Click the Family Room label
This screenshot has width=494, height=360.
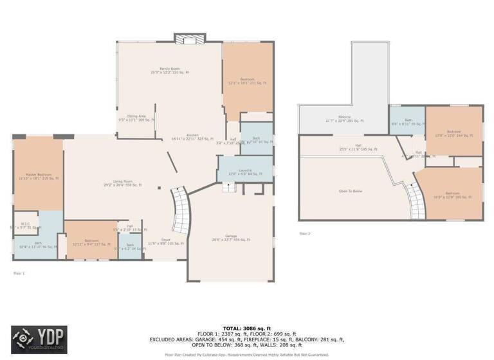170,70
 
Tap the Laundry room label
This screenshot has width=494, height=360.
244,172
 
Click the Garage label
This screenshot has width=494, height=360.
230,237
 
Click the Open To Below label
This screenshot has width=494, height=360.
350,191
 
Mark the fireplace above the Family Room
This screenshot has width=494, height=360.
189,39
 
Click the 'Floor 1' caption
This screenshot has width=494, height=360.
19,273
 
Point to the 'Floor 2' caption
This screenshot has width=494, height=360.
305,233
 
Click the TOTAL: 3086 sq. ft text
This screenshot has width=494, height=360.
247,328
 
